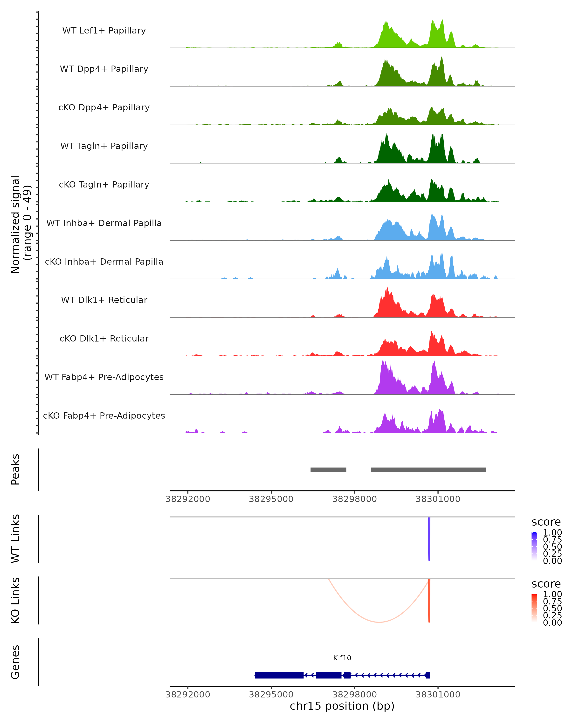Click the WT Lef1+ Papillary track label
point(104,31)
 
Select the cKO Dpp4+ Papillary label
point(104,108)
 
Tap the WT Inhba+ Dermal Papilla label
point(104,223)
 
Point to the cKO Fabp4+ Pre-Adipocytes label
point(104,416)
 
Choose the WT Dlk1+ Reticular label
point(104,300)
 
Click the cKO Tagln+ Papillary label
point(104,185)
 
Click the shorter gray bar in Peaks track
point(328,470)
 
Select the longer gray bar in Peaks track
point(428,470)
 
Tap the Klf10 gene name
point(342,658)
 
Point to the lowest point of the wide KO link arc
point(379,623)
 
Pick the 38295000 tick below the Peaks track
point(271,499)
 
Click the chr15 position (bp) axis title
point(342,706)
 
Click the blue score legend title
point(546,522)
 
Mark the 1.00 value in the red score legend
point(552,594)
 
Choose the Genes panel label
point(15,662)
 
